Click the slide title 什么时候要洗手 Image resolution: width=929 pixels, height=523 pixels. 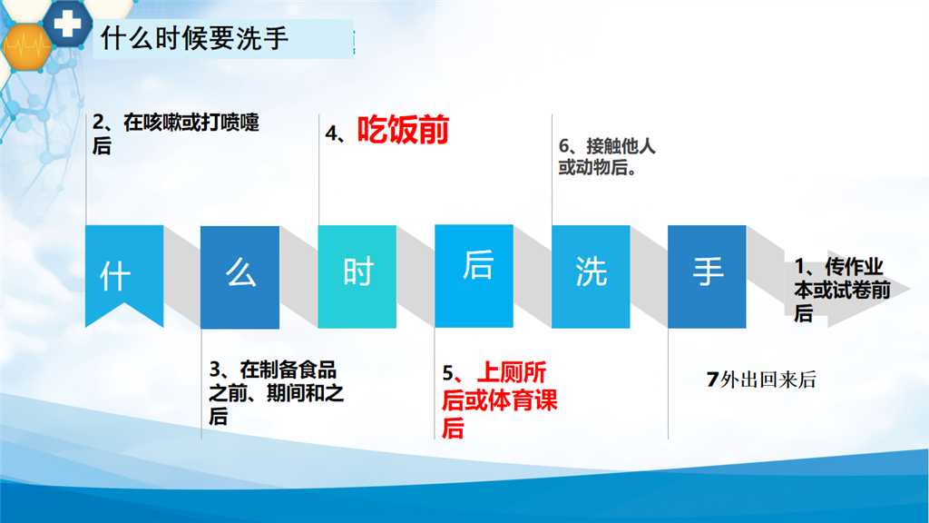194,38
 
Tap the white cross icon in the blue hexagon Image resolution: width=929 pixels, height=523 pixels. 67,23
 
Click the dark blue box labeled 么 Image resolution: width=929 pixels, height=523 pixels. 240,277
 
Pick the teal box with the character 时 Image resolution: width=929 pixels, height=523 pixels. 357,276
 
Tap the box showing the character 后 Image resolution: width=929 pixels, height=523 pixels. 474,276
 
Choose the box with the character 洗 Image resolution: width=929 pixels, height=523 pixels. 591,276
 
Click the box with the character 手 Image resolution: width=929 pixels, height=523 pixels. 707,276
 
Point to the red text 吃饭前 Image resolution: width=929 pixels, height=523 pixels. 403,130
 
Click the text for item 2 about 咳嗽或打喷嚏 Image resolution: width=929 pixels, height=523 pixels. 175,133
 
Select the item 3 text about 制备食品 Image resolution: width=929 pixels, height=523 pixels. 276,392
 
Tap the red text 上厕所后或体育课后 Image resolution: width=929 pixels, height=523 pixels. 500,400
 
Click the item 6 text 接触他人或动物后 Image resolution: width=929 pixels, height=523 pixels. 607,156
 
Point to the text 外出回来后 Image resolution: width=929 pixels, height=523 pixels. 768,380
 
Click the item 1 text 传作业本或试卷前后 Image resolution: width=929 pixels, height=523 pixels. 842,290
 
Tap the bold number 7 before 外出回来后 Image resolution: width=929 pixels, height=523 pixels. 713,380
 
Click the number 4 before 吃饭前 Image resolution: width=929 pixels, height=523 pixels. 331,133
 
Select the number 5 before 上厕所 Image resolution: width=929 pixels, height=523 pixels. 448,373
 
